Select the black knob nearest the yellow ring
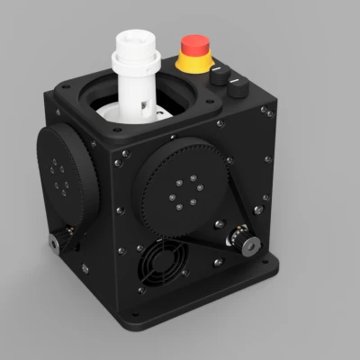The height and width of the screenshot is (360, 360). tap(220, 79)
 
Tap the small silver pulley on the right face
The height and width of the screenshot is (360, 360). tap(242, 239)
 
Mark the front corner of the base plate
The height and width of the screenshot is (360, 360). tap(135, 325)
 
